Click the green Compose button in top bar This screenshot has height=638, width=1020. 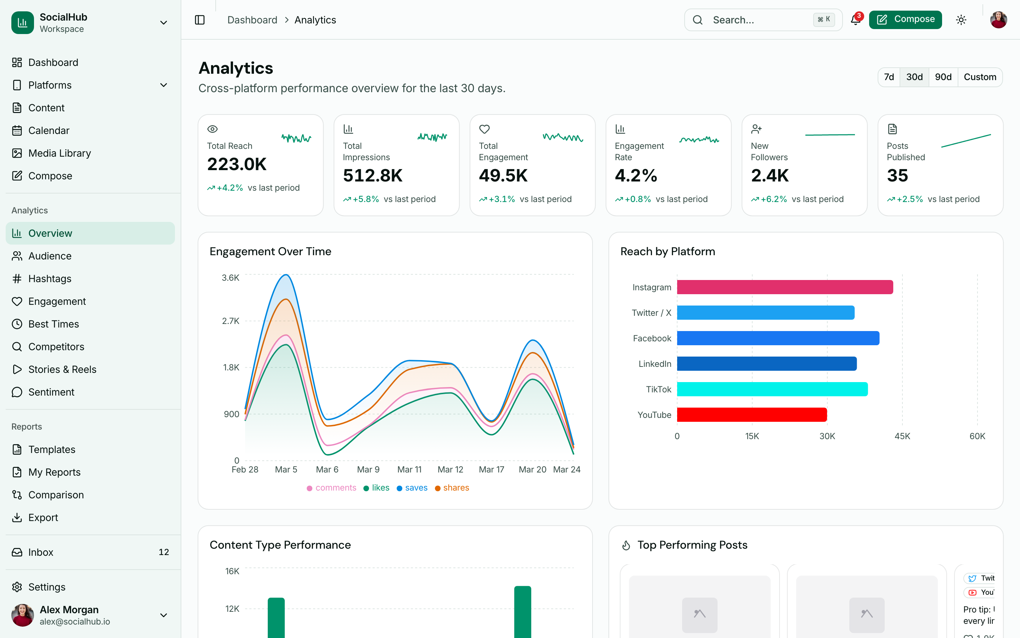tap(905, 19)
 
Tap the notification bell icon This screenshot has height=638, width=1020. tap(855, 20)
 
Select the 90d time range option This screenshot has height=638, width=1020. tap(943, 77)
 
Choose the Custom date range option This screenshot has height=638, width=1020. tap(980, 77)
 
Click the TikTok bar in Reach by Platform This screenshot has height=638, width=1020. tap(772, 389)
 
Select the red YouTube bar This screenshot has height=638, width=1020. tap(752, 415)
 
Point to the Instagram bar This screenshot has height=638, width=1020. tap(784, 287)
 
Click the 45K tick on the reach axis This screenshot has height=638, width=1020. tap(902, 436)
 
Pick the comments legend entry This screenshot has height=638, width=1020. tap(332, 488)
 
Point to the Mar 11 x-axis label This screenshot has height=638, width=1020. tap(409, 470)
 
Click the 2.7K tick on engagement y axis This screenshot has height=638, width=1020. tap(231, 321)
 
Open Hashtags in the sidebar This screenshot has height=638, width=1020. tap(50, 279)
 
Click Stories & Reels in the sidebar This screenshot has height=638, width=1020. tap(62, 369)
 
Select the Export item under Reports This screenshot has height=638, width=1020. tap(43, 517)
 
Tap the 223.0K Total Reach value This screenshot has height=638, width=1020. tap(237, 164)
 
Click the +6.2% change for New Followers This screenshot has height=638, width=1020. tap(773, 199)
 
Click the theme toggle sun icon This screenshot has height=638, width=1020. tap(961, 20)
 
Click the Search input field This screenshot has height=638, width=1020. tap(759, 20)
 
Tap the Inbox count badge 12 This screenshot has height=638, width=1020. tap(164, 552)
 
